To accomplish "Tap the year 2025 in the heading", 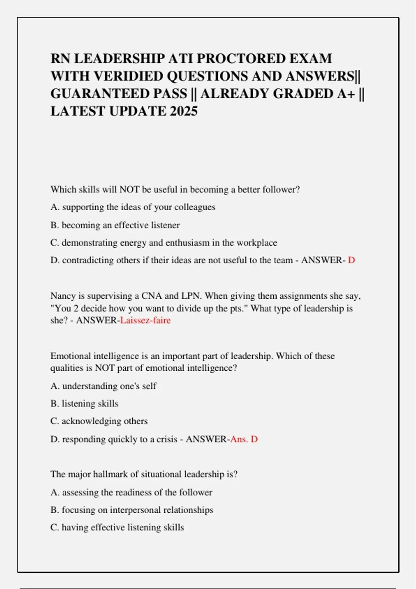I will coord(184,111).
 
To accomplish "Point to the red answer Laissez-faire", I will coord(145,320).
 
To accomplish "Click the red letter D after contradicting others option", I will coord(352,260).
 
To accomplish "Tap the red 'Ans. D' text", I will coord(244,439).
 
